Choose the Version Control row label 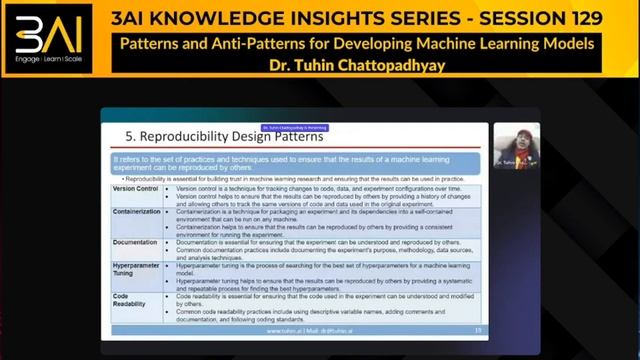(135, 188)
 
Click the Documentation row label (135, 242)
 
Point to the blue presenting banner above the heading (288, 127)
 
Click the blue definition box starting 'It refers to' (299, 162)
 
